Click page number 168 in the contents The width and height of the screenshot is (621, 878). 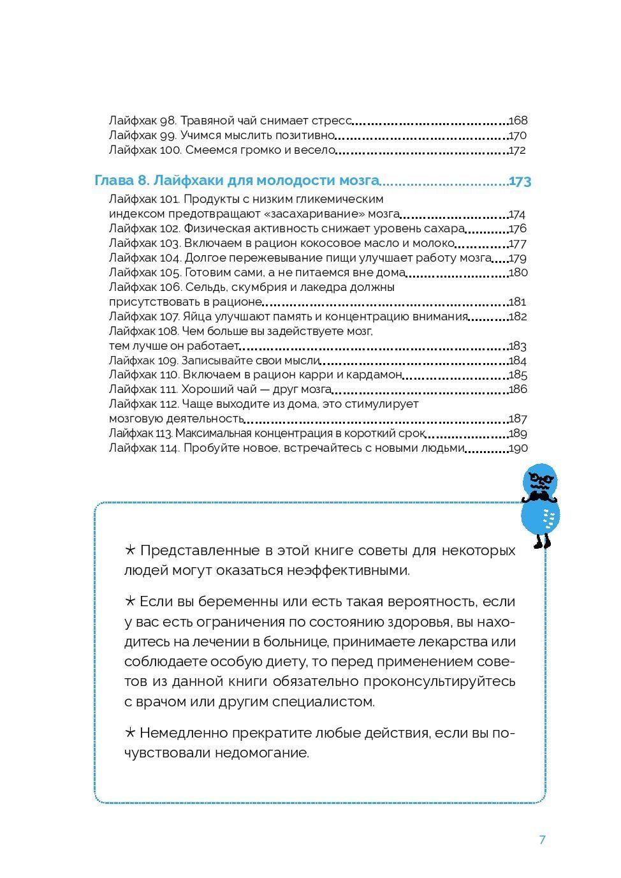click(x=518, y=121)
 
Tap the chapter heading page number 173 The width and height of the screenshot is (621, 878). click(x=520, y=182)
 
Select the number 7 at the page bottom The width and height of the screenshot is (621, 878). click(x=542, y=840)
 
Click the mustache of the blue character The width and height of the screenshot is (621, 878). click(x=541, y=496)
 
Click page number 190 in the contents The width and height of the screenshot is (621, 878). click(x=518, y=449)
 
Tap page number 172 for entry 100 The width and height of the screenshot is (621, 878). click(x=517, y=151)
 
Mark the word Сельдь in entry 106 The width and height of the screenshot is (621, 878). click(x=205, y=287)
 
